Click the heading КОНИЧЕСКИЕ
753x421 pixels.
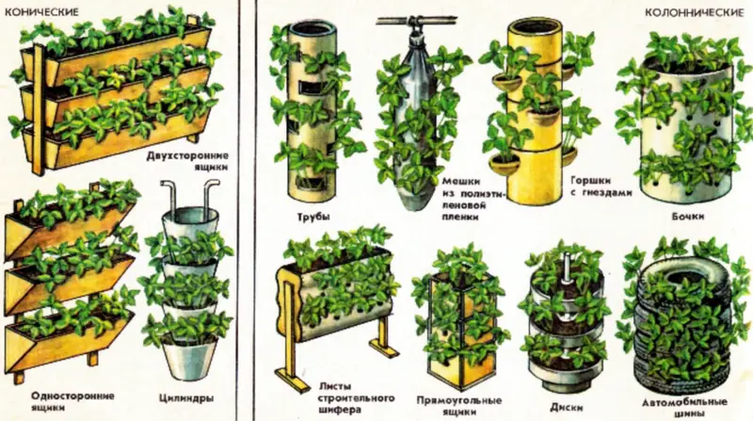[x=41, y=12]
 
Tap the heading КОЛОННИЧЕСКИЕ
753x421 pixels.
[x=694, y=13]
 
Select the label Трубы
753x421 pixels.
[x=313, y=217]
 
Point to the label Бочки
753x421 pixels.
[x=688, y=217]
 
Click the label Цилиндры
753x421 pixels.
[x=186, y=398]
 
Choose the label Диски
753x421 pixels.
[x=567, y=408]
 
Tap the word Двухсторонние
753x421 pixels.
[x=187, y=155]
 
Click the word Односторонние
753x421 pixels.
[x=72, y=396]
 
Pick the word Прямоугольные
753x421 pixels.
[x=459, y=400]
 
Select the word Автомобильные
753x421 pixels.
[x=685, y=402]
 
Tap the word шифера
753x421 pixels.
[x=339, y=410]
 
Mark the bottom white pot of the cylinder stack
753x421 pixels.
[x=190, y=359]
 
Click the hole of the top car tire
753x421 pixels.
[x=683, y=276]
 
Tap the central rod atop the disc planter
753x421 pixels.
[x=568, y=264]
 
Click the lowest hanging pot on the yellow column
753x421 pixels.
[x=505, y=165]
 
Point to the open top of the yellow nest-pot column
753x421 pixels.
[x=536, y=25]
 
